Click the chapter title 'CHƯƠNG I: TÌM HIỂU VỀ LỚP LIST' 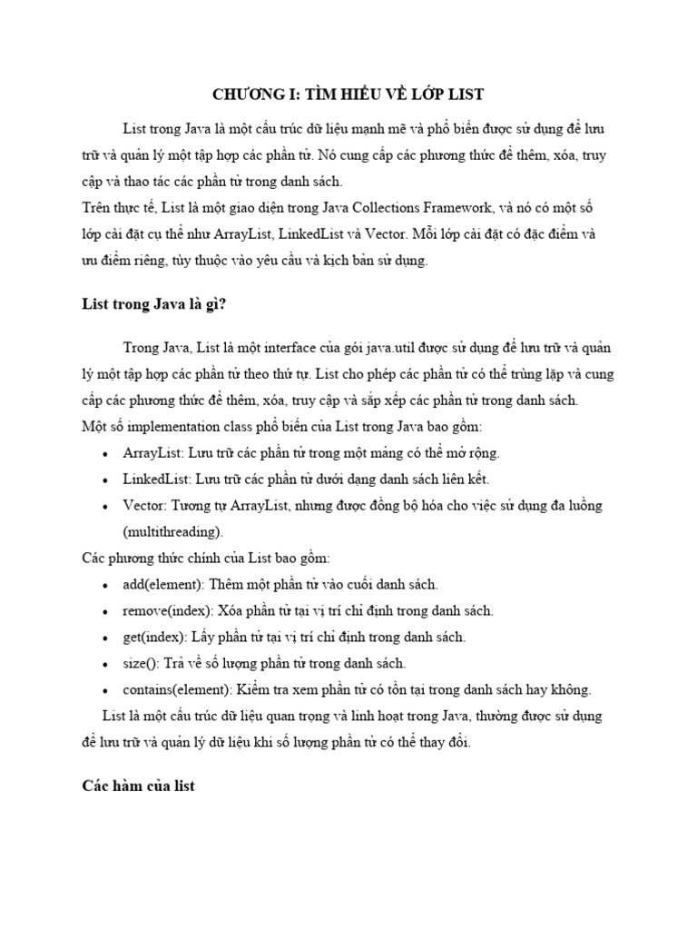point(348,94)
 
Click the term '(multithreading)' point(172,531)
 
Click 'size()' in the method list point(141,663)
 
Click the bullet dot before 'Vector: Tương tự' point(108,506)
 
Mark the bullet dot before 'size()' point(108,664)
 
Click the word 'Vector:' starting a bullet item point(144,505)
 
